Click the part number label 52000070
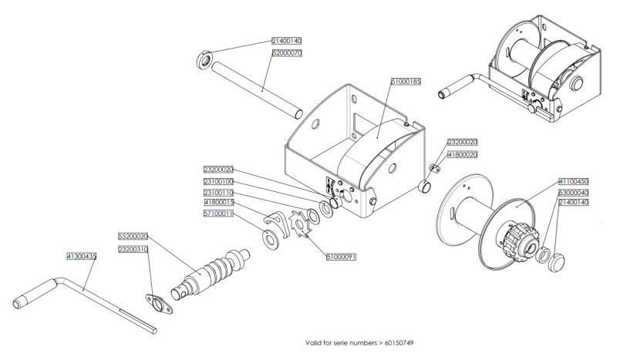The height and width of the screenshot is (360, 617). point(287,52)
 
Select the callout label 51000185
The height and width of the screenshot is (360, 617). point(406,82)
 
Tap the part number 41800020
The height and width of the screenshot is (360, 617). point(462,155)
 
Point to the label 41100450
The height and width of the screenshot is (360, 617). point(573,181)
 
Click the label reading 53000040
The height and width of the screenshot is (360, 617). point(573,193)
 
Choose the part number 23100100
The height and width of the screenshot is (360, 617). point(218,181)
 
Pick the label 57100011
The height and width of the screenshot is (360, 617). point(218,214)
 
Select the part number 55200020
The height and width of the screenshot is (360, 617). point(133,237)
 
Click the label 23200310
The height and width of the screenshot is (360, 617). point(133,250)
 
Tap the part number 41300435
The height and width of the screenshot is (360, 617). point(82,257)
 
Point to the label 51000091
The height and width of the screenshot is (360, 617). point(341,257)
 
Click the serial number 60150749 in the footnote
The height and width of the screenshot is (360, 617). point(399,343)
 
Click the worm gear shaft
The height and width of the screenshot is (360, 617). point(211,274)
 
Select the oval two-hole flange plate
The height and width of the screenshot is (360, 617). point(159,304)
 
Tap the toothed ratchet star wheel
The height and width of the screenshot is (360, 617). point(300,224)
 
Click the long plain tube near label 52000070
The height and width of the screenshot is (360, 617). point(257,90)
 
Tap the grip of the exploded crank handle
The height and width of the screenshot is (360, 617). point(35,293)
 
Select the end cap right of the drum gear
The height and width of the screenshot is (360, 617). point(556,263)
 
